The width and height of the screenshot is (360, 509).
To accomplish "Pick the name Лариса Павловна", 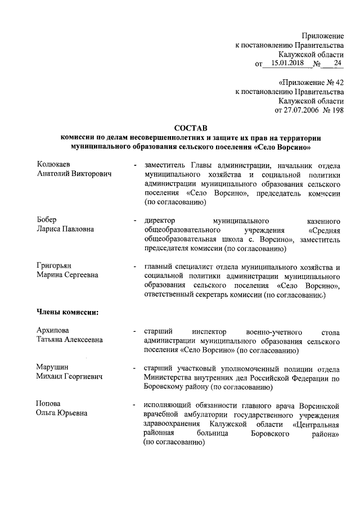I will pos(66,228).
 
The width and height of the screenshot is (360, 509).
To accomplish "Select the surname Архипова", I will pos(55,330).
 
